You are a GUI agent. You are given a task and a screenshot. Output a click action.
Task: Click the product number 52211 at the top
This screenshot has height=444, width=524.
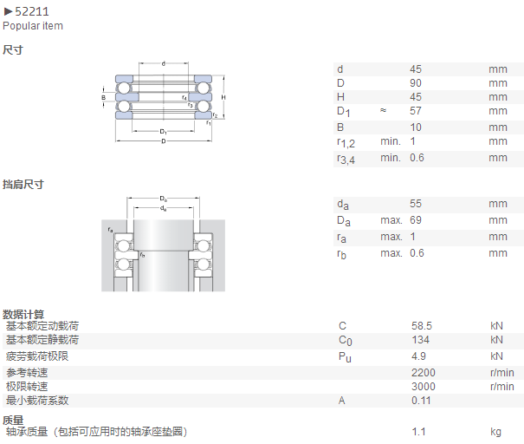[x=32, y=12]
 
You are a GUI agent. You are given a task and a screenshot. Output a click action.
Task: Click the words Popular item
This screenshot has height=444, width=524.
[x=33, y=26]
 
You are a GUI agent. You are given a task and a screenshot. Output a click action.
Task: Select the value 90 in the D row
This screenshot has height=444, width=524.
[x=416, y=83]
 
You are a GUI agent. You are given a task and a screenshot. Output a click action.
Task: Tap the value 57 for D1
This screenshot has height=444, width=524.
[x=416, y=111]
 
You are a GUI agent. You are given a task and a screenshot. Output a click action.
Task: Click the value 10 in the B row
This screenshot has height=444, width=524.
[x=416, y=127]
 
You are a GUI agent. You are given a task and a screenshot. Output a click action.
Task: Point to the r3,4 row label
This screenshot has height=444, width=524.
[x=346, y=159]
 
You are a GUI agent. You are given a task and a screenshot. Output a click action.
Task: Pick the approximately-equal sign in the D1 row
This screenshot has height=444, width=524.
[x=384, y=110]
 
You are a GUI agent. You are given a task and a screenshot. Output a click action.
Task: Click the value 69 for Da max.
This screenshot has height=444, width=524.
[x=416, y=220]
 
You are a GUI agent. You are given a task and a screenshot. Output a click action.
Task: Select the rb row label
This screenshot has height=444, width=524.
[x=341, y=254]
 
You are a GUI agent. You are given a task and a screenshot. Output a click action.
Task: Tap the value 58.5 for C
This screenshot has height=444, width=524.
[x=422, y=326]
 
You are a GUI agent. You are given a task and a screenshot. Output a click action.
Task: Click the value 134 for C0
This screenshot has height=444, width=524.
[x=420, y=340]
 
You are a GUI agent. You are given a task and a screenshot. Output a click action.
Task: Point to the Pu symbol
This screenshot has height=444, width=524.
[x=345, y=357]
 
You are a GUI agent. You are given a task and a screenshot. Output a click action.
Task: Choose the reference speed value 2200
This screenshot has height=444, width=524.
[x=424, y=373]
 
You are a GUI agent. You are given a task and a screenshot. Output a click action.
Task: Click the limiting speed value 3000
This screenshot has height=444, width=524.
[x=424, y=387]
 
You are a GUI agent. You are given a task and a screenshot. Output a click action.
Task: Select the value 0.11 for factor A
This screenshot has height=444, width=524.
[x=421, y=401]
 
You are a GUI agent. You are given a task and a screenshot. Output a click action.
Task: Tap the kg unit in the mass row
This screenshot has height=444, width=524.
[x=496, y=432]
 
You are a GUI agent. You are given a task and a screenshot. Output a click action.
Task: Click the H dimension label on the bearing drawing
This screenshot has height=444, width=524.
[x=223, y=97]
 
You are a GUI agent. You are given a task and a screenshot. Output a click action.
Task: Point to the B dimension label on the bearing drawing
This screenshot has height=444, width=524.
[x=104, y=98]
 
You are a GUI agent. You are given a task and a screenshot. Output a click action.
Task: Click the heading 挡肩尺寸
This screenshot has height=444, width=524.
[x=23, y=185]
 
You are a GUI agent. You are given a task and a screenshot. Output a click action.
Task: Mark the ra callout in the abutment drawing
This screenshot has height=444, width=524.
[x=110, y=230]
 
